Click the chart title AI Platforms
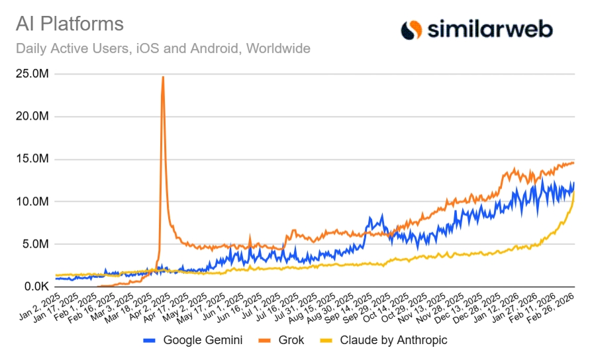click(70, 24)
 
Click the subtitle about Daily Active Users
click(162, 48)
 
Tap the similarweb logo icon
click(411, 29)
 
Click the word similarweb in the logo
click(488, 29)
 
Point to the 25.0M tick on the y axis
click(32, 73)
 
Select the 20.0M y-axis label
click(32, 116)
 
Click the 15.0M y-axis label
click(32, 159)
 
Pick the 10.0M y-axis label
click(32, 202)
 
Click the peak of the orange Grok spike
click(163, 77)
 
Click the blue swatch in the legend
click(150, 341)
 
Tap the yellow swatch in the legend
click(326, 341)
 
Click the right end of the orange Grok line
click(574, 163)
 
